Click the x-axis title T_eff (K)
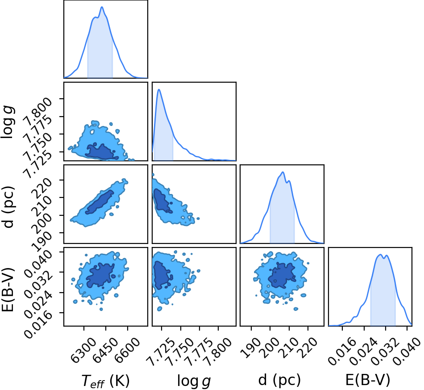point(106,380)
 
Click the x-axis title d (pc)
point(279,380)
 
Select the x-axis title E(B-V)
point(368,380)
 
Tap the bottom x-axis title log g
point(194,381)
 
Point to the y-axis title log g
point(7,122)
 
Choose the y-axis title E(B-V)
point(7,289)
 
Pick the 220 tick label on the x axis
point(307,348)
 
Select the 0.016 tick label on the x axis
point(341,352)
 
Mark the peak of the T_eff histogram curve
point(102,7)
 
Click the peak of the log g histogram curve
point(159,89)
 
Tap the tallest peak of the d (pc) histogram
point(283,172)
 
